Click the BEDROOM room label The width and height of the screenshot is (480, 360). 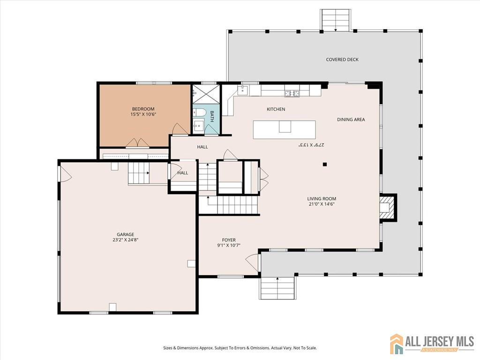[x=143, y=109]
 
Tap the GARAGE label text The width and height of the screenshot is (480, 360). [x=126, y=235]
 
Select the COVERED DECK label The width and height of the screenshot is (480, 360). [x=342, y=60]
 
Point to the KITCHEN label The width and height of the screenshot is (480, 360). [x=276, y=109]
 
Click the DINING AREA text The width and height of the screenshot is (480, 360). [x=351, y=120]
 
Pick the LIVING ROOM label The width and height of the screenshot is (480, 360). [x=322, y=199]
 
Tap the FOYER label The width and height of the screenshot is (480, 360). [x=229, y=240]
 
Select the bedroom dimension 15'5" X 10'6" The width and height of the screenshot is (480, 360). [x=143, y=114]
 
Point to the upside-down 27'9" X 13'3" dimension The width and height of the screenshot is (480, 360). [x=311, y=144]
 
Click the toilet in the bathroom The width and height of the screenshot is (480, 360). [x=198, y=112]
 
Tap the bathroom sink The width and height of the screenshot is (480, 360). [x=198, y=125]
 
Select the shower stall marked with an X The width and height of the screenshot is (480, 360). [x=206, y=94]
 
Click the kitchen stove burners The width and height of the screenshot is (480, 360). [x=292, y=93]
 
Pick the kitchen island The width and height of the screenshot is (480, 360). [x=284, y=130]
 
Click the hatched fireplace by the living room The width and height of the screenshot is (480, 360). [x=386, y=208]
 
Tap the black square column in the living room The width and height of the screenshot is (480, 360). [x=325, y=165]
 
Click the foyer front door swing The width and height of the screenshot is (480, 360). [x=252, y=262]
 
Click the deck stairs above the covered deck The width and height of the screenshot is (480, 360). [x=336, y=20]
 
